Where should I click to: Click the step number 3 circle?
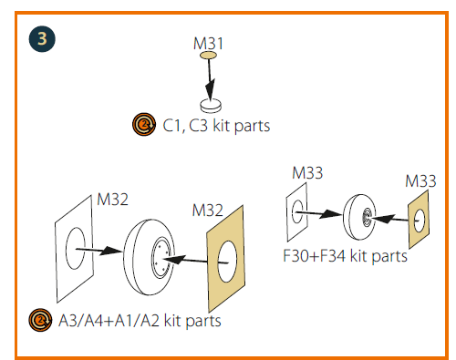[42, 39]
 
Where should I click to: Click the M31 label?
[208, 44]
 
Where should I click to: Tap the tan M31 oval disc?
[208, 55]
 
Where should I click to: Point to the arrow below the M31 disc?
[210, 79]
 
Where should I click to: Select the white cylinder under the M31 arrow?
[211, 106]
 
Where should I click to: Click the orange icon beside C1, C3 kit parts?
[144, 124]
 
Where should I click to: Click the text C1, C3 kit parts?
[216, 126]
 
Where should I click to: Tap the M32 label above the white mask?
[112, 200]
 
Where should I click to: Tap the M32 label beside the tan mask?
[208, 211]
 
